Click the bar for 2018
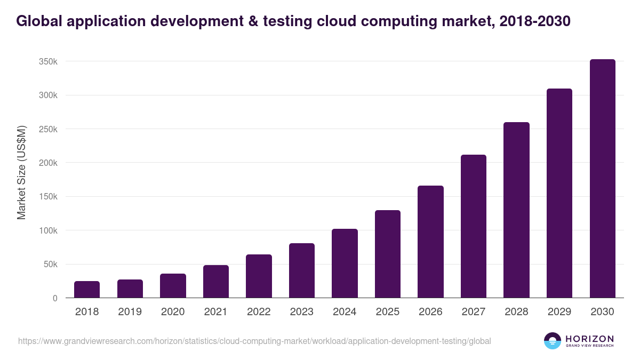(x=87, y=290)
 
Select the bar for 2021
(x=216, y=282)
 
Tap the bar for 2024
(x=345, y=263)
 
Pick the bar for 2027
(x=474, y=226)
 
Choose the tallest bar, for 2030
(x=602, y=179)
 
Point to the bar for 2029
(x=559, y=193)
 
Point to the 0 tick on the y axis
(x=55, y=298)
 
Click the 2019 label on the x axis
(x=130, y=312)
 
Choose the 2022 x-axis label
(x=259, y=312)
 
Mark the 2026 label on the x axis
(x=430, y=312)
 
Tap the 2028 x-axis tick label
(x=516, y=312)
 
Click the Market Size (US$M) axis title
(x=21, y=173)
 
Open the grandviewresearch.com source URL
(x=254, y=341)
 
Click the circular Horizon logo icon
(x=553, y=341)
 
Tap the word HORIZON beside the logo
(x=589, y=338)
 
